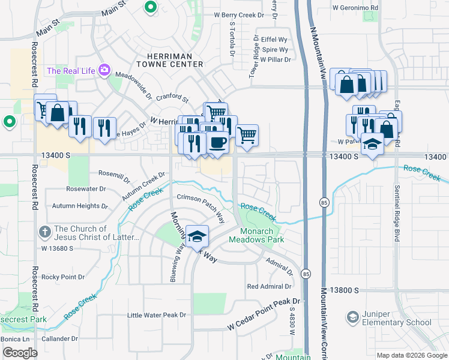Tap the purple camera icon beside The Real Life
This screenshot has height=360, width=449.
pos(105,71)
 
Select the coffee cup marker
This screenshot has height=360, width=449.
pos(217,144)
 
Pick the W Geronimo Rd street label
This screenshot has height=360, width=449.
pos(356,8)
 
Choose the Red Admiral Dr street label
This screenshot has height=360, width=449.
pos(270,286)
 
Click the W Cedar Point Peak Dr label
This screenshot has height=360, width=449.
pos(264,314)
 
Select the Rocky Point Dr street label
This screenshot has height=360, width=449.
pos(63,277)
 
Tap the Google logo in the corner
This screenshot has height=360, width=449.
pos(20,353)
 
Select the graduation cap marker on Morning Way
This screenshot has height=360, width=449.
pos(196,236)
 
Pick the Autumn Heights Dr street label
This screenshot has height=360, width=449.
pos(80,206)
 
